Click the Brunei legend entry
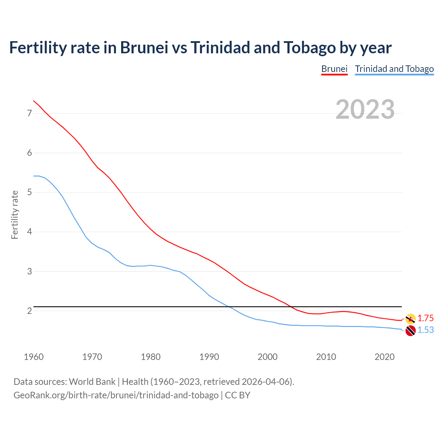click(x=334, y=69)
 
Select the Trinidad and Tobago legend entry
click(x=394, y=69)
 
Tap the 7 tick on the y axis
click(x=29, y=113)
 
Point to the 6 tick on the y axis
click(x=29, y=153)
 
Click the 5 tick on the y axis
click(x=29, y=192)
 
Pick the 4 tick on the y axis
click(x=29, y=232)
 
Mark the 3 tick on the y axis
click(x=29, y=271)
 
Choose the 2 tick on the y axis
click(x=29, y=311)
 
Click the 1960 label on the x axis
click(x=34, y=357)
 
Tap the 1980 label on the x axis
click(x=151, y=357)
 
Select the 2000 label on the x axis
click(x=268, y=357)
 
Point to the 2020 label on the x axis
click(x=385, y=357)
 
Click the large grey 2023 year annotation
click(x=365, y=109)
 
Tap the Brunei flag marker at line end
click(x=410, y=319)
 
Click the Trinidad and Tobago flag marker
click(x=410, y=331)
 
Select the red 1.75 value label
click(x=425, y=318)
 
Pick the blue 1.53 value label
click(x=425, y=330)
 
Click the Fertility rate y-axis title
click(x=15, y=215)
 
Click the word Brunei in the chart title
click(x=144, y=48)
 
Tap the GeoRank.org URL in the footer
click(x=116, y=395)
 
